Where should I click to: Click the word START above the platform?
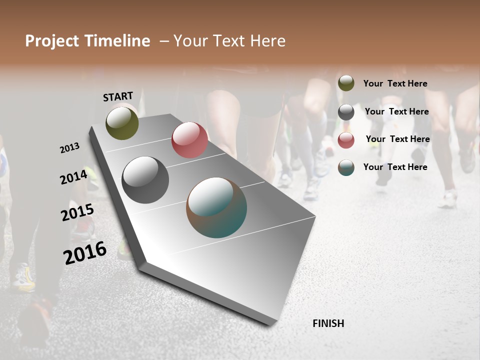click(x=118, y=96)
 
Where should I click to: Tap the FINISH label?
click(x=328, y=323)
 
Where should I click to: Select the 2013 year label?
click(x=69, y=147)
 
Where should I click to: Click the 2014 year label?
click(x=73, y=177)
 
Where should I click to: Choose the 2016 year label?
click(x=85, y=252)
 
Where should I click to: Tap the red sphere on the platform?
click(x=189, y=140)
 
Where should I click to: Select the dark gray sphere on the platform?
click(x=145, y=180)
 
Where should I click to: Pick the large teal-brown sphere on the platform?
click(x=216, y=207)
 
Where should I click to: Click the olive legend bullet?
click(x=346, y=83)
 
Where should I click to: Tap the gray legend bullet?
click(x=346, y=112)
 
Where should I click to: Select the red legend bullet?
click(x=346, y=140)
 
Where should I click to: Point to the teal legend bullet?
click(x=346, y=167)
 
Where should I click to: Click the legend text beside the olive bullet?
click(x=395, y=83)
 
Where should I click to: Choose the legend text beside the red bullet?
click(x=397, y=139)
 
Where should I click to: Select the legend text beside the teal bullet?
click(x=395, y=167)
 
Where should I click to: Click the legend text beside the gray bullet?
click(x=396, y=111)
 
